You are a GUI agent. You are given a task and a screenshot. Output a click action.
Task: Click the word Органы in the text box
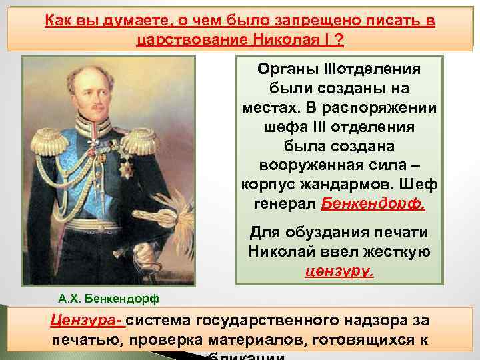pos(282,70)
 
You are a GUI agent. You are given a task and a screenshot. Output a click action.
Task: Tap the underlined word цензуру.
pos(339,271)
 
